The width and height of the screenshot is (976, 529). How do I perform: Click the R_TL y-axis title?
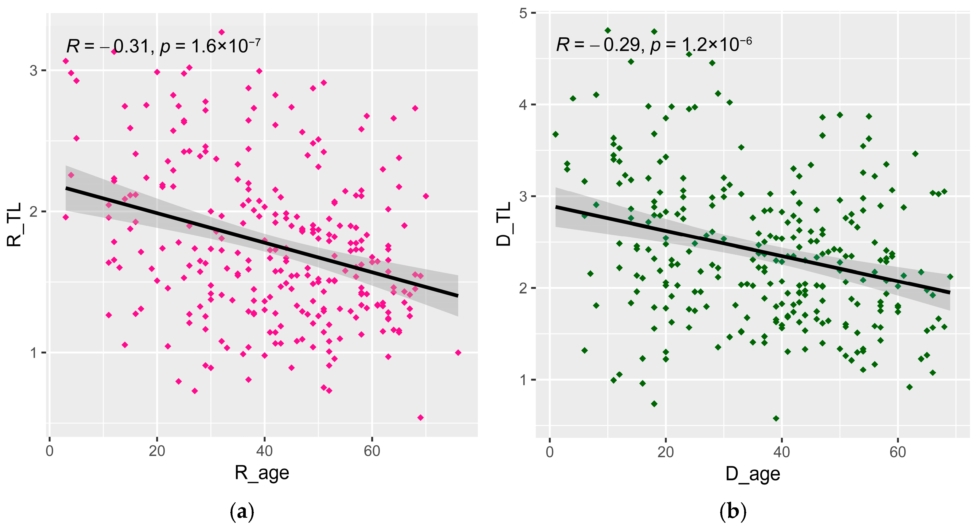[x=15, y=225]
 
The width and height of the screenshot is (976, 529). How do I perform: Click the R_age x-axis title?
[x=262, y=473]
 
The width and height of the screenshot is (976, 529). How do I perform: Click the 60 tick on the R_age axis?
[x=372, y=451]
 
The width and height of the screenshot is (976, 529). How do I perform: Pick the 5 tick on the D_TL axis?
[x=523, y=13]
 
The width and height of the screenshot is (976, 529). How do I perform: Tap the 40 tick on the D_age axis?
[x=781, y=452]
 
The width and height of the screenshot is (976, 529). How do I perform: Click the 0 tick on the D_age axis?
[x=550, y=452]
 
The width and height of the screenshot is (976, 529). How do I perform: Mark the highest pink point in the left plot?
[x=222, y=32]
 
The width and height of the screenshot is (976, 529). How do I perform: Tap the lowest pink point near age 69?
[x=420, y=418]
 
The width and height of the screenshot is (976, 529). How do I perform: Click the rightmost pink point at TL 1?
[x=458, y=353]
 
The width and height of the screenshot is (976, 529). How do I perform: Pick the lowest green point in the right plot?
[x=776, y=419]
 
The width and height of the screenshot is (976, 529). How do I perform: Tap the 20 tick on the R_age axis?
[x=157, y=451]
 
